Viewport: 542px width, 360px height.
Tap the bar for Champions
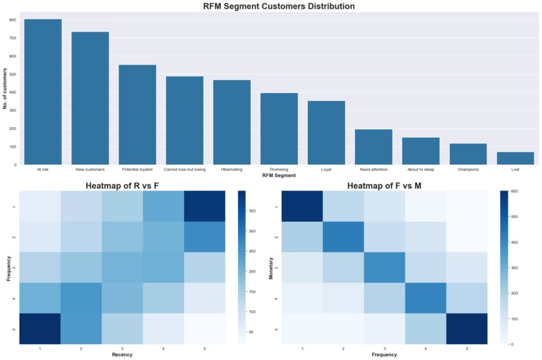[x=468, y=154]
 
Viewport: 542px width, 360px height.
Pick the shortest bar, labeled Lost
[x=515, y=158]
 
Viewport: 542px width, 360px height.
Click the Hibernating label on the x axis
[x=232, y=170]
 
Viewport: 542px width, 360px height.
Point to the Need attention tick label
[x=373, y=170]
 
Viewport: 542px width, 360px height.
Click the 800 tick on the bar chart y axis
[x=13, y=20]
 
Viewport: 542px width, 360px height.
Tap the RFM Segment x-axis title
[x=279, y=176]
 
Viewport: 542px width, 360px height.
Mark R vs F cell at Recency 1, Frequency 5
[x=40, y=329]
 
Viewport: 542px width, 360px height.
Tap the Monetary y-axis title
[x=272, y=268]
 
